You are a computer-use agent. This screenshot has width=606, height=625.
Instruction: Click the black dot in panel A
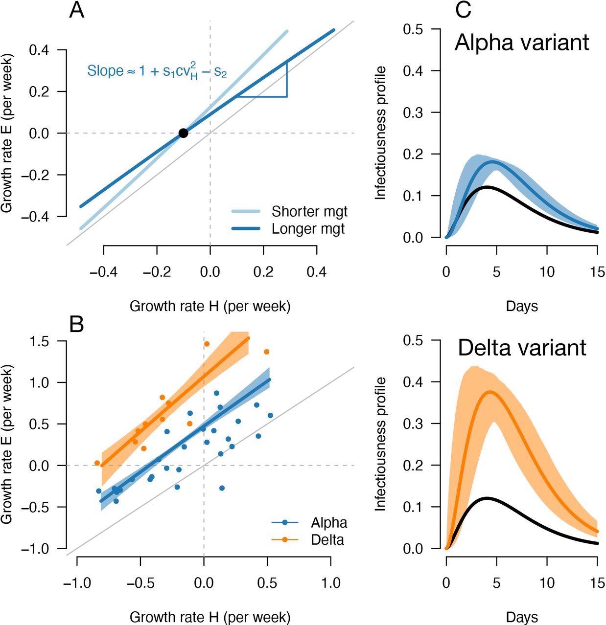click(x=183, y=133)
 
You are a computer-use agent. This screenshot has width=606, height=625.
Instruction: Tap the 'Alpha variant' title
click(x=522, y=43)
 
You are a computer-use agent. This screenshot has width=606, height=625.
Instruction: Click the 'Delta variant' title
click(x=522, y=348)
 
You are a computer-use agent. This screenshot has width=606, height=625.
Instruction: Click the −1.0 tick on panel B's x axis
click(x=77, y=583)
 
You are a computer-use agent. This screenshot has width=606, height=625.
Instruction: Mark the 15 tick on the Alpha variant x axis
click(x=597, y=271)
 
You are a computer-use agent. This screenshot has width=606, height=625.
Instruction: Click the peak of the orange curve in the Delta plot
click(x=489, y=391)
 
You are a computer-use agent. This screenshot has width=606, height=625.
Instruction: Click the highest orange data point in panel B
click(x=207, y=344)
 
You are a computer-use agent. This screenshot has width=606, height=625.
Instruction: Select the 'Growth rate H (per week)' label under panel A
click(x=210, y=306)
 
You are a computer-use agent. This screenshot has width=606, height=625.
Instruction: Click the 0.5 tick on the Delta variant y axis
click(x=414, y=340)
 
